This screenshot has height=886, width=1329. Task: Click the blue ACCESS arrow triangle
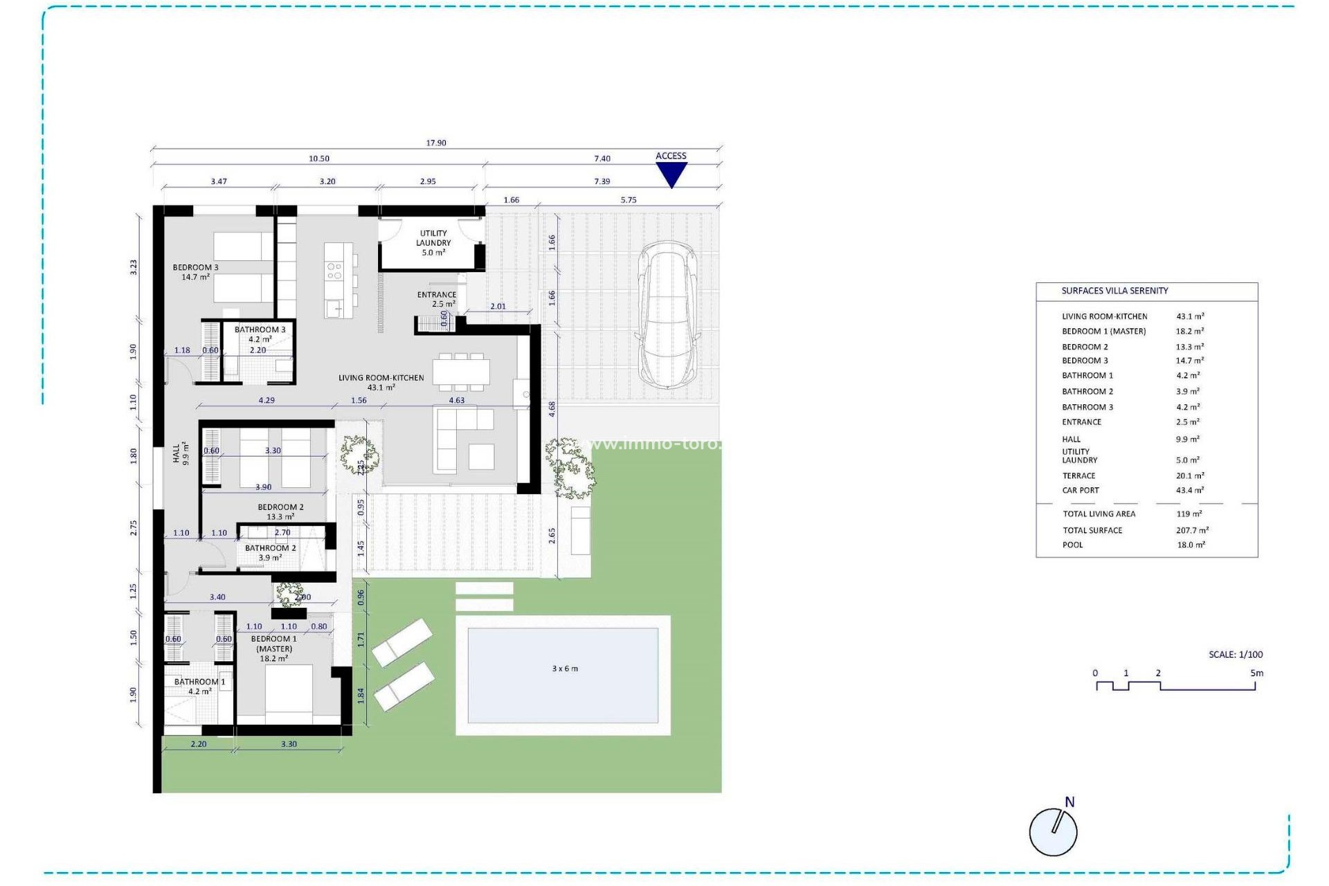pyautogui.click(x=671, y=174)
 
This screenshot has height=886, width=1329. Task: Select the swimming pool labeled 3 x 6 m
pyautogui.click(x=563, y=675)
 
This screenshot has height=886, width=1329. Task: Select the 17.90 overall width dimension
pyautogui.click(x=436, y=143)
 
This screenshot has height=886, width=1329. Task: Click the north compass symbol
pyautogui.click(x=1054, y=831)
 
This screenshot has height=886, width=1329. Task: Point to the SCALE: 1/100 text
pyautogui.click(x=1236, y=654)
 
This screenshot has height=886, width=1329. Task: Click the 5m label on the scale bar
pyautogui.click(x=1256, y=673)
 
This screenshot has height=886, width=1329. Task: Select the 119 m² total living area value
pyautogui.click(x=1188, y=514)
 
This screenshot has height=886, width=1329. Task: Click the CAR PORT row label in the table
pyautogui.click(x=1081, y=490)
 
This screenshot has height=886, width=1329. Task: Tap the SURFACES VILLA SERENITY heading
pyautogui.click(x=1114, y=291)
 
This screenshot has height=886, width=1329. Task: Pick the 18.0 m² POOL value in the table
pyautogui.click(x=1191, y=545)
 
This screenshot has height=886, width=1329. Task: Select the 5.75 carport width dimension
pyautogui.click(x=629, y=200)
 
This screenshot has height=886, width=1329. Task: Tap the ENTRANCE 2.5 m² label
pyautogui.click(x=436, y=299)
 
